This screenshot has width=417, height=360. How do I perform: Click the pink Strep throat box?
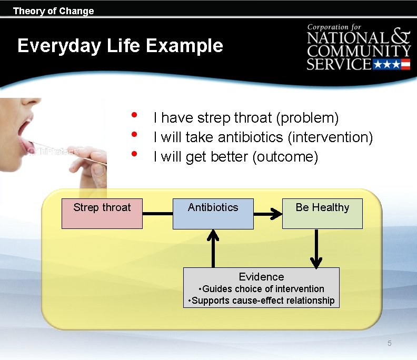[x=102, y=213]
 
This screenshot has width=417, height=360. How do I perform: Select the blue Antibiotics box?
[x=213, y=213]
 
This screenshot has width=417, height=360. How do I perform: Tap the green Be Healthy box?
[x=322, y=213]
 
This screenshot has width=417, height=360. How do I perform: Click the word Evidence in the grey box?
[x=261, y=277]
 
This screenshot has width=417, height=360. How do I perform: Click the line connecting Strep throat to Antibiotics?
[x=157, y=214]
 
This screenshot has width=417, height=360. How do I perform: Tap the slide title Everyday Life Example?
[x=120, y=46]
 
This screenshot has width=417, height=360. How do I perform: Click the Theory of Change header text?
[x=53, y=11]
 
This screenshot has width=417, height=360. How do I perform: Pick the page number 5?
[x=390, y=344]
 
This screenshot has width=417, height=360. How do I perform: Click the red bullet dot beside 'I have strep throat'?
[x=135, y=115]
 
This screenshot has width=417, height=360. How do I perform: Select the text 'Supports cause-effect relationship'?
[x=263, y=301]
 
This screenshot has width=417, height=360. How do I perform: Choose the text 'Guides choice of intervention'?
[x=263, y=288]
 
